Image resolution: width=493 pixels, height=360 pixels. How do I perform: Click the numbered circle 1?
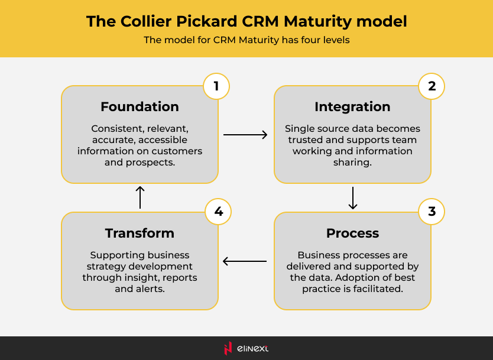(216, 86)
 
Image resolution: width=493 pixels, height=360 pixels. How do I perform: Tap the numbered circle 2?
(432, 86)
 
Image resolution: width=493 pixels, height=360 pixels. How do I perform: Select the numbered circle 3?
(432, 212)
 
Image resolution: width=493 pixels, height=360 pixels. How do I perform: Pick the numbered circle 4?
(218, 212)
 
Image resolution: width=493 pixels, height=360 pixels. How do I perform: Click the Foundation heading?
(140, 107)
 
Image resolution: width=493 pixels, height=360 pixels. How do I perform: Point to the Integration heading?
(352, 107)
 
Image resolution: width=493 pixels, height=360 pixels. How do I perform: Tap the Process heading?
(352, 233)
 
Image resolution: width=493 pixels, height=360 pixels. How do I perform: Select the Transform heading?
(140, 233)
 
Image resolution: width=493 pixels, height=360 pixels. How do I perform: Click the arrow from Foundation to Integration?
(245, 135)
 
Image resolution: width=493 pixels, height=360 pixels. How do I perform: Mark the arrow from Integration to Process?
(353, 198)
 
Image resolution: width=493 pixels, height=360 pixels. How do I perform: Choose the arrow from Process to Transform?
(245, 261)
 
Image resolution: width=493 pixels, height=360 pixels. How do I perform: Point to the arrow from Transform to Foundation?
(140, 197)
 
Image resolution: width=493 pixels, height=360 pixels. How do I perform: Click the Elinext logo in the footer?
(246, 348)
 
